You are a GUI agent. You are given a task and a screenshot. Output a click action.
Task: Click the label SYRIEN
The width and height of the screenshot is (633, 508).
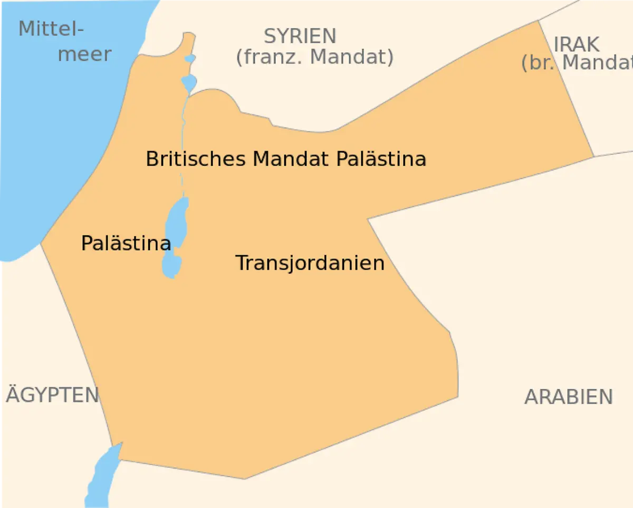[300, 36]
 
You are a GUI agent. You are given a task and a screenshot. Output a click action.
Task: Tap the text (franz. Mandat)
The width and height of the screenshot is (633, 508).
[314, 57]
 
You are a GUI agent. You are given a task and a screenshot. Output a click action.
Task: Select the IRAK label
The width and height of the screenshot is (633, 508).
[577, 44]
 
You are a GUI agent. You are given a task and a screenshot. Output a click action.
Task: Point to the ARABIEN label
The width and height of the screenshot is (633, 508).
[568, 397]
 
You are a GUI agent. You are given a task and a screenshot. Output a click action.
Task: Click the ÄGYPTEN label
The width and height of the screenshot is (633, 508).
[52, 395]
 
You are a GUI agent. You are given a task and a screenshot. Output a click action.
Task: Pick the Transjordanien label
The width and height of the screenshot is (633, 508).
[310, 263]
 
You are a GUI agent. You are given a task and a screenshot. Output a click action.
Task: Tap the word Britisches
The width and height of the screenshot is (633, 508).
[195, 158]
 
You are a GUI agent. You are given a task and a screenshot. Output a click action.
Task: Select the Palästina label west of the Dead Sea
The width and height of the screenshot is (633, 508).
[126, 243]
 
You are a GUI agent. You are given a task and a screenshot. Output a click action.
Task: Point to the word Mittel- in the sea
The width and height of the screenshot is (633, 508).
[51, 28]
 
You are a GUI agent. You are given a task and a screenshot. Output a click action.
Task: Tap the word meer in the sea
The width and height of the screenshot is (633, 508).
[84, 54]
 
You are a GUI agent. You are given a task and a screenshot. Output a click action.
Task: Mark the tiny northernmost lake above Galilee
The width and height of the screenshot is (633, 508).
[190, 58]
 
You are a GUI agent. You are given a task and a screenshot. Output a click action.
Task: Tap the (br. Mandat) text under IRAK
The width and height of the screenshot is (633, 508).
[577, 63]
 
